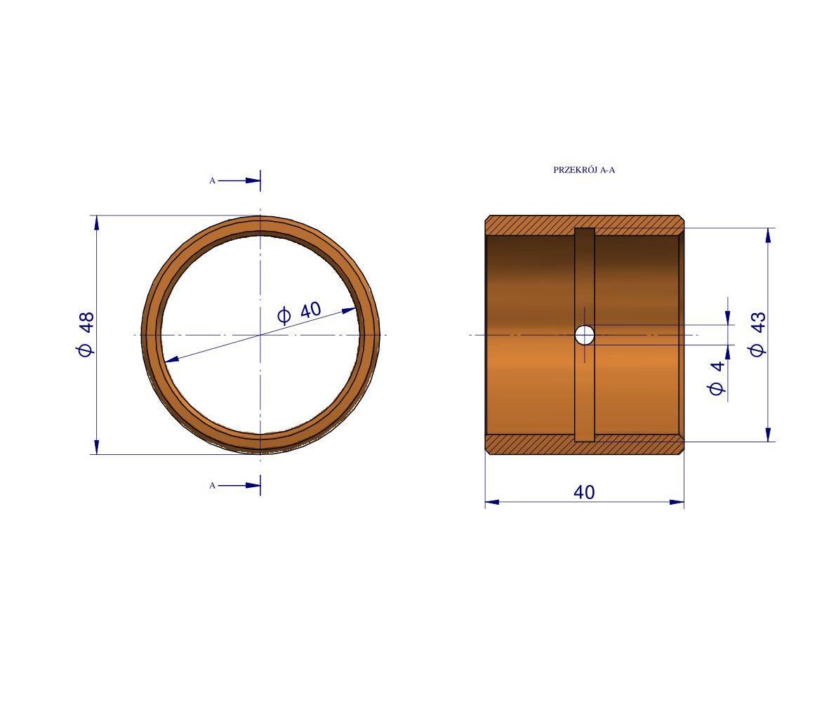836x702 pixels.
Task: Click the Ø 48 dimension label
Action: pyautogui.click(x=86, y=334)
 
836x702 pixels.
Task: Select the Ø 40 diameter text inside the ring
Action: pyautogui.click(x=299, y=313)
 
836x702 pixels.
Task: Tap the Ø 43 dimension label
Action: pyautogui.click(x=757, y=334)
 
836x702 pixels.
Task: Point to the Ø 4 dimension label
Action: pyautogui.click(x=717, y=378)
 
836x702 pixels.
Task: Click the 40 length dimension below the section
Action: pyautogui.click(x=584, y=492)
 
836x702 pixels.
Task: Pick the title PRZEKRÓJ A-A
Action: pyautogui.click(x=584, y=170)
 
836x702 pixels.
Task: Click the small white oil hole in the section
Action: pyautogui.click(x=585, y=336)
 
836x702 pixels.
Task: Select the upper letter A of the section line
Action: pyautogui.click(x=212, y=180)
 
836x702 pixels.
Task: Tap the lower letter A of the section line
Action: pyautogui.click(x=212, y=486)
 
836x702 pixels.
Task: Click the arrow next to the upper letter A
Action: pyautogui.click(x=239, y=180)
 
